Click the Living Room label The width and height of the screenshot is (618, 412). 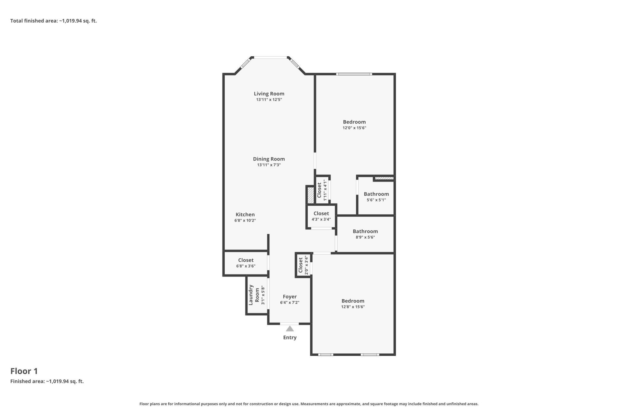pyautogui.click(x=269, y=94)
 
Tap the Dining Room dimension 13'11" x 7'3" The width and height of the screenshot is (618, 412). pyautogui.click(x=269, y=165)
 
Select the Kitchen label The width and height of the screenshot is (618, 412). pyautogui.click(x=245, y=214)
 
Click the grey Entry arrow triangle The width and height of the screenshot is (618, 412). pyautogui.click(x=290, y=329)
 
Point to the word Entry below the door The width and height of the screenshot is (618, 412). pyautogui.click(x=290, y=337)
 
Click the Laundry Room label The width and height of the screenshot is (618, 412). pyautogui.click(x=254, y=295)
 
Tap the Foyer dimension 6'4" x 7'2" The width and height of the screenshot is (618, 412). pyautogui.click(x=290, y=303)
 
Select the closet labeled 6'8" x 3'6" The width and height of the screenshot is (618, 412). pyautogui.click(x=246, y=263)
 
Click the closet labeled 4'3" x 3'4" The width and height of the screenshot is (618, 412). pyautogui.click(x=321, y=216)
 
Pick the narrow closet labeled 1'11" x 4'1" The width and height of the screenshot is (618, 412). pyautogui.click(x=322, y=190)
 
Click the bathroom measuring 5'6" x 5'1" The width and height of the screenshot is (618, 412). pyautogui.click(x=376, y=197)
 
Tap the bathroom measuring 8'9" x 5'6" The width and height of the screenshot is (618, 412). pyautogui.click(x=365, y=234)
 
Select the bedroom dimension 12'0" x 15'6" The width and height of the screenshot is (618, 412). pyautogui.click(x=354, y=128)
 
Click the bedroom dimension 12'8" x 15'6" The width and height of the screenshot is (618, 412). pyautogui.click(x=353, y=307)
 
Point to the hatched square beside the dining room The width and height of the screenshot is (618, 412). pyautogui.click(x=310, y=195)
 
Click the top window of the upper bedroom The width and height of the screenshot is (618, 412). pyautogui.click(x=354, y=74)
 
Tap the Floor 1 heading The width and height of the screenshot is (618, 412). pyautogui.click(x=24, y=371)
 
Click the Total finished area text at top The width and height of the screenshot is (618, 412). pyautogui.click(x=53, y=21)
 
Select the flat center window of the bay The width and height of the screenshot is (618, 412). pyautogui.click(x=270, y=58)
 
